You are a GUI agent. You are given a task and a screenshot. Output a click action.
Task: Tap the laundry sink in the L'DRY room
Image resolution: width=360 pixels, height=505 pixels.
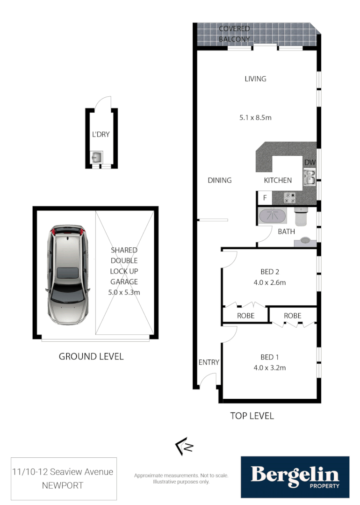pos(97,156)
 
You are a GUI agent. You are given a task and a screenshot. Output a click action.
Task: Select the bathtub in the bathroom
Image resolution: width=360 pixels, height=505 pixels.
pos(272,216)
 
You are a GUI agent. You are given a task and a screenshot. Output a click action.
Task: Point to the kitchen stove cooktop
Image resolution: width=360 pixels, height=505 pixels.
pos(290,198)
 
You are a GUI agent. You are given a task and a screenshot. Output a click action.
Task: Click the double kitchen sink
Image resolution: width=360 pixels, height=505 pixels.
pos(309,177)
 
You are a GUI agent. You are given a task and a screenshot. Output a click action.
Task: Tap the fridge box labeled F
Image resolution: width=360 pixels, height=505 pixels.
pos(265,198)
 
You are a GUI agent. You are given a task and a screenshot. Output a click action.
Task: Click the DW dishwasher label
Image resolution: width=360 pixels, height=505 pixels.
pos(310,162)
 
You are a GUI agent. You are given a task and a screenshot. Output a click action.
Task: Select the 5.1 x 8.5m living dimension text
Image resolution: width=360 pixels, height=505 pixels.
pos(255,117)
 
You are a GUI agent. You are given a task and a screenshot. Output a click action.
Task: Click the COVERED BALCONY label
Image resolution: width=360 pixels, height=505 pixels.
pos(234,34)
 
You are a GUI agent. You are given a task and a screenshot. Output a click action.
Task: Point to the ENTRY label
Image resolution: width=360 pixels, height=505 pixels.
pos(209,362)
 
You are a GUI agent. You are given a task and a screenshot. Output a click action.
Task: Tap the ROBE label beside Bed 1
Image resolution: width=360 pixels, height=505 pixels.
pos(293,316)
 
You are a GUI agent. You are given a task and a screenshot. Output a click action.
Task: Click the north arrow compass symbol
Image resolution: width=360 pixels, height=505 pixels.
pos(184,447)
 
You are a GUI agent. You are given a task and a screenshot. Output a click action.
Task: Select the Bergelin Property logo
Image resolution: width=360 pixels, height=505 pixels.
pos(295,477)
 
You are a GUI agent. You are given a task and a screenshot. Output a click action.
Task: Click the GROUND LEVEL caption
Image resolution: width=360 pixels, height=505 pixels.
pos(91,356)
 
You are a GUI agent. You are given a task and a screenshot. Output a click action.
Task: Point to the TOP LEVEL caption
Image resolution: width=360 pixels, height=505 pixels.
pos(252,416)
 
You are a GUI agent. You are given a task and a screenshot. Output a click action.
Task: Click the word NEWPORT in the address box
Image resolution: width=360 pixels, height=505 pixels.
pos(64,485)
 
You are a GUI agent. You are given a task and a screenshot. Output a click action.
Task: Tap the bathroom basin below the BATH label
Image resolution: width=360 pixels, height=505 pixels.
pos(305,241)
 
